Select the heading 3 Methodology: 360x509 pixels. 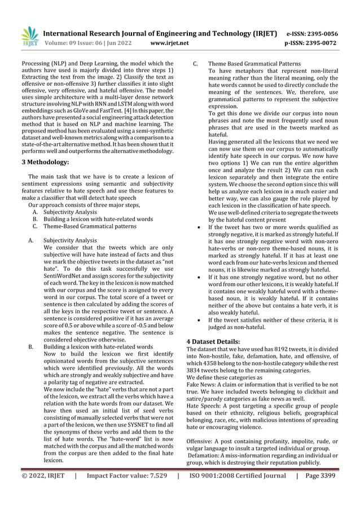click(x=45, y=163)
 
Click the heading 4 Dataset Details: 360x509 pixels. click(x=213, y=341)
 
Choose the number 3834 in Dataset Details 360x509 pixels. click(x=195, y=373)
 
